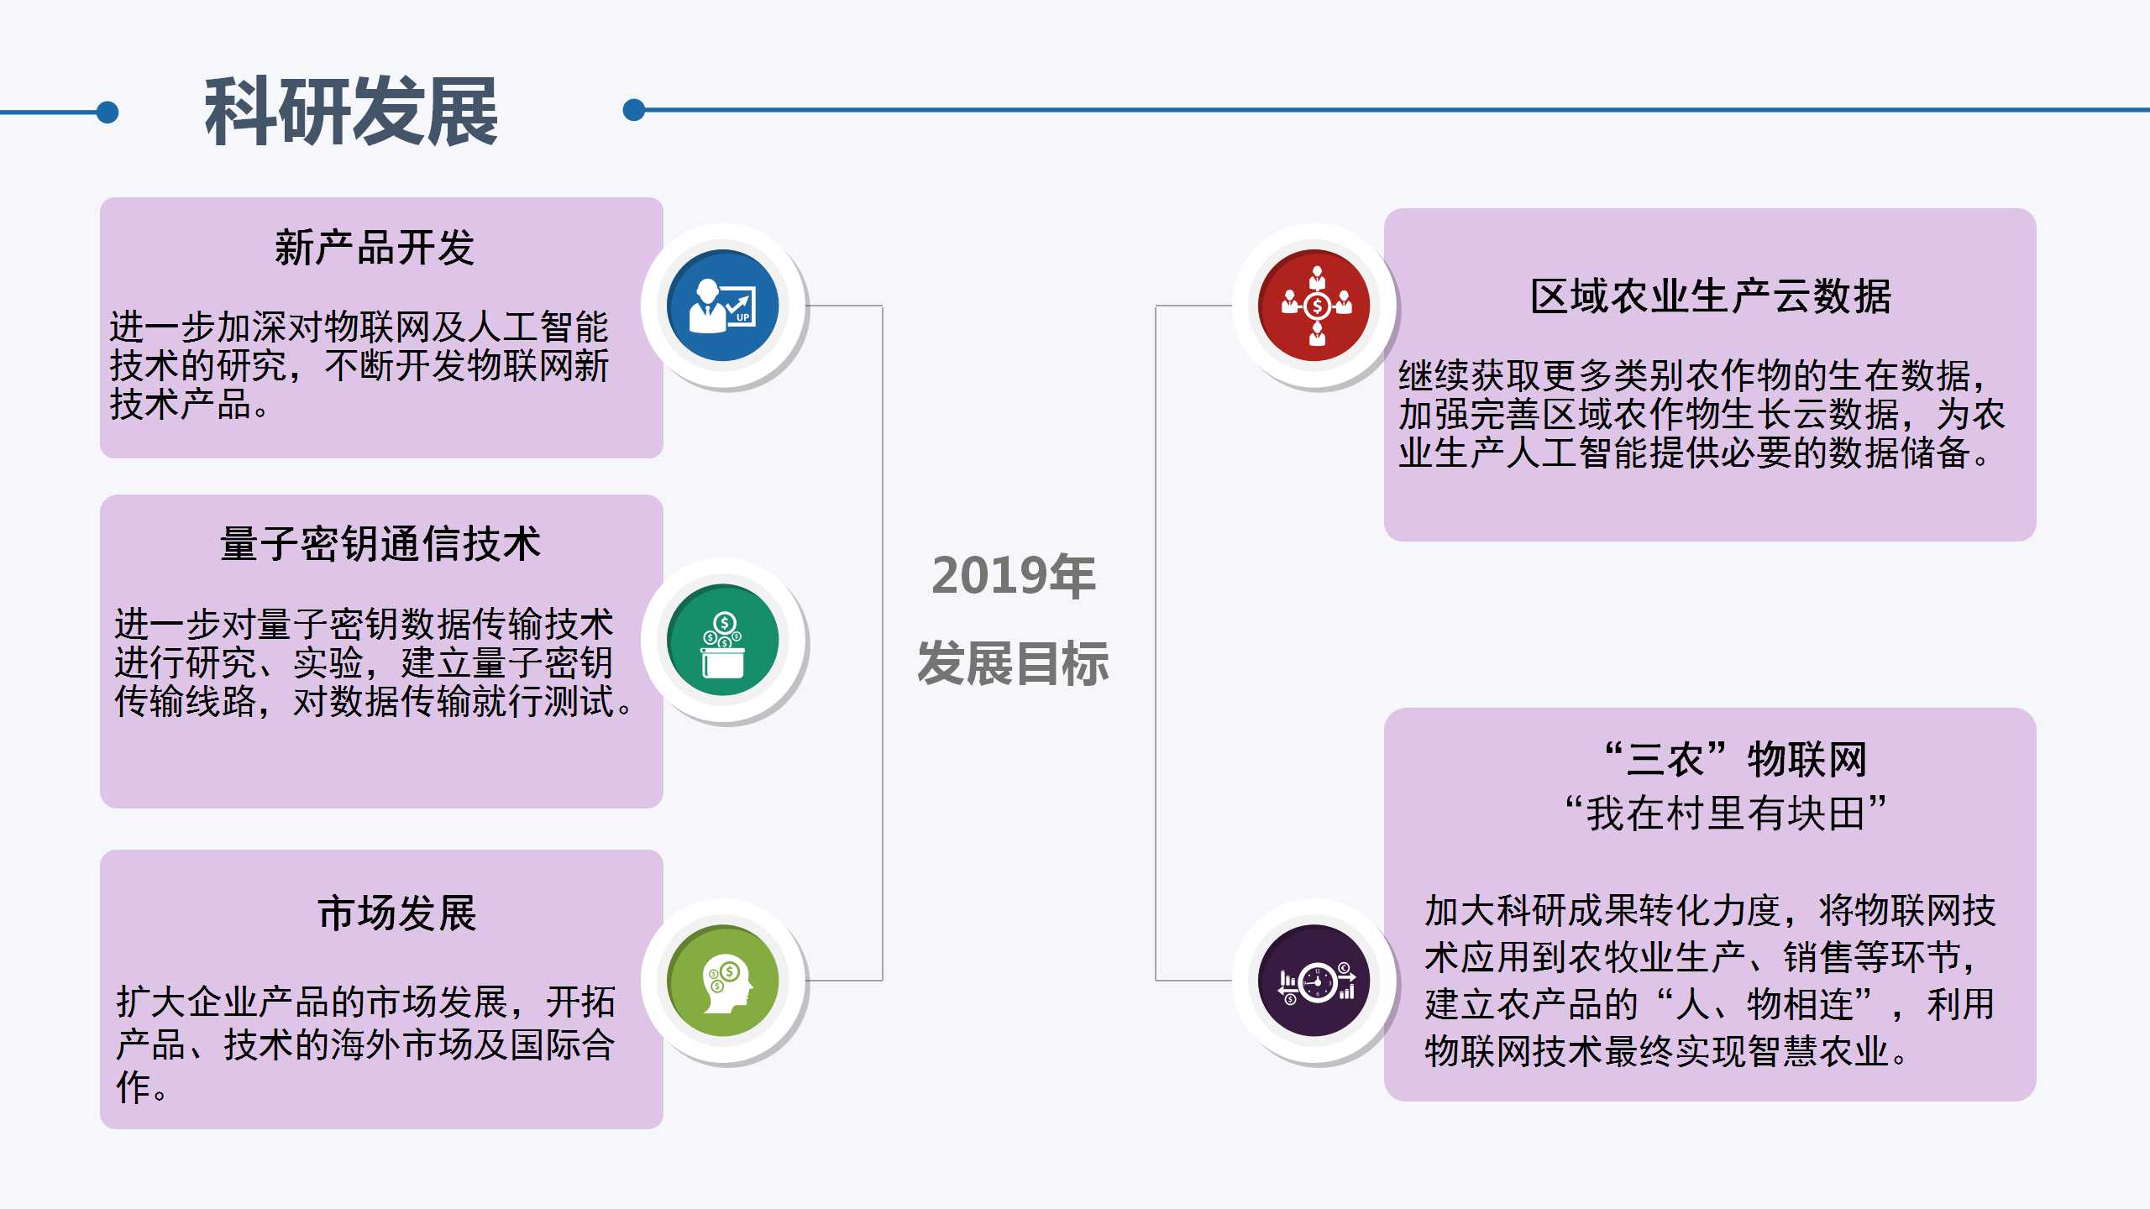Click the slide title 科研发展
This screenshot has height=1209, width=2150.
[351, 111]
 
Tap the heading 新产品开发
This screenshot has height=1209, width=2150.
[375, 248]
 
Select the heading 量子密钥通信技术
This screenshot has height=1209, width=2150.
[380, 544]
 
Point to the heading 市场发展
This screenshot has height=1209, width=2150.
[397, 913]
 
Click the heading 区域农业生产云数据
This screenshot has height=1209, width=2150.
[1711, 296]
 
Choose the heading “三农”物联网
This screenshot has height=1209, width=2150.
[1735, 760]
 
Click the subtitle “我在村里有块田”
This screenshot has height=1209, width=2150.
[1725, 813]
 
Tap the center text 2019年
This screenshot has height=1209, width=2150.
[1014, 576]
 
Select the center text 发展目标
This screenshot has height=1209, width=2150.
[1014, 663]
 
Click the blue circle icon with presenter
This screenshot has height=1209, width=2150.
[723, 306]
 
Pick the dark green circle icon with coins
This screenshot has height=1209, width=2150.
[723, 640]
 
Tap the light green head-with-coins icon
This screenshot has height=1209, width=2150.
[723, 981]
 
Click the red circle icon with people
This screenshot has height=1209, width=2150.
[1314, 306]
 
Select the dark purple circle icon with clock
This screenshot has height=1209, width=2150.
[1314, 981]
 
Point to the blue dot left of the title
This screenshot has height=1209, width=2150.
[107, 112]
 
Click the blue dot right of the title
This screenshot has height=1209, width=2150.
[634, 110]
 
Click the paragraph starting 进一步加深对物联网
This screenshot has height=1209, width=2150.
[359, 365]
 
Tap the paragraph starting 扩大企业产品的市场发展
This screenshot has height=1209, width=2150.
[366, 1044]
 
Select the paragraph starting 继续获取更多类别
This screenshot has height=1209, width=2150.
[1702, 414]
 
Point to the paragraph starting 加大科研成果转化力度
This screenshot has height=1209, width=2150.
[1710, 981]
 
